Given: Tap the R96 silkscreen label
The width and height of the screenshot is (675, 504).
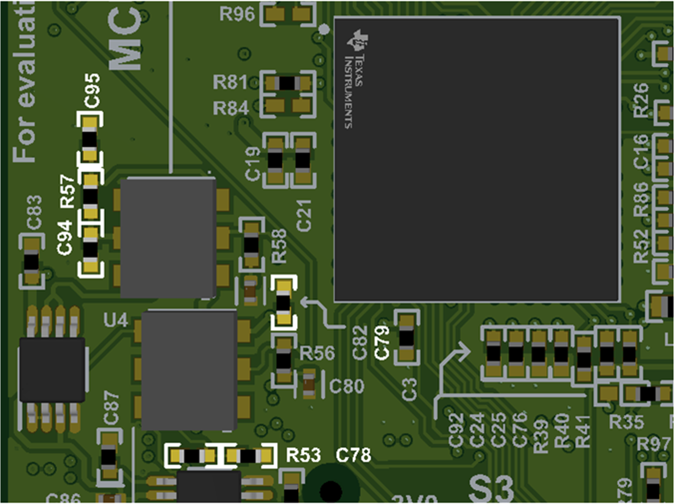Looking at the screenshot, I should [x=237, y=14].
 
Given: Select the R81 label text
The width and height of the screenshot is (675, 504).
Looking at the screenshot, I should [x=230, y=82].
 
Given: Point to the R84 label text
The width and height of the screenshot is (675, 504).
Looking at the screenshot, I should [x=230, y=108].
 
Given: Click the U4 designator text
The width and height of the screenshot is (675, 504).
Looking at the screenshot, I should [x=116, y=320].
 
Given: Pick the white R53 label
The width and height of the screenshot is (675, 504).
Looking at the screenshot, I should [x=303, y=455].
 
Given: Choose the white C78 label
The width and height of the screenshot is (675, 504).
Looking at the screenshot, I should [x=353, y=455].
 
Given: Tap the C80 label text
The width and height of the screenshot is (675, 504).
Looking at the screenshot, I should [x=346, y=386].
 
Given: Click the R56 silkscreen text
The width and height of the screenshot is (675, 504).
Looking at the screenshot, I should [x=317, y=353].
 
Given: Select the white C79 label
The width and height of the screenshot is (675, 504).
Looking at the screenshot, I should [x=382, y=343].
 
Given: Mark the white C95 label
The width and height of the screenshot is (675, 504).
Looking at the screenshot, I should [x=92, y=91].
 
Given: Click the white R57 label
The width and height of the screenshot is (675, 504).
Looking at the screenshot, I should [x=67, y=192].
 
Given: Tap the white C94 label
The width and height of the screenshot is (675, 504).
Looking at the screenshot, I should [x=65, y=238].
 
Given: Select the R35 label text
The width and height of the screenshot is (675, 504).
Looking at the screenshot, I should [x=626, y=422].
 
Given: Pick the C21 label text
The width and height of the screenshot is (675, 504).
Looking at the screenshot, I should [x=304, y=216].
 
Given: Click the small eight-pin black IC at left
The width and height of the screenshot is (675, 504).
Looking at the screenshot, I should [x=52, y=370].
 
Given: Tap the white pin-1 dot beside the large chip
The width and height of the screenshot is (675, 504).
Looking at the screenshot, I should [x=324, y=29].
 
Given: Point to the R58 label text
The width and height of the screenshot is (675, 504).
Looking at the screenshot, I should [x=279, y=246].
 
